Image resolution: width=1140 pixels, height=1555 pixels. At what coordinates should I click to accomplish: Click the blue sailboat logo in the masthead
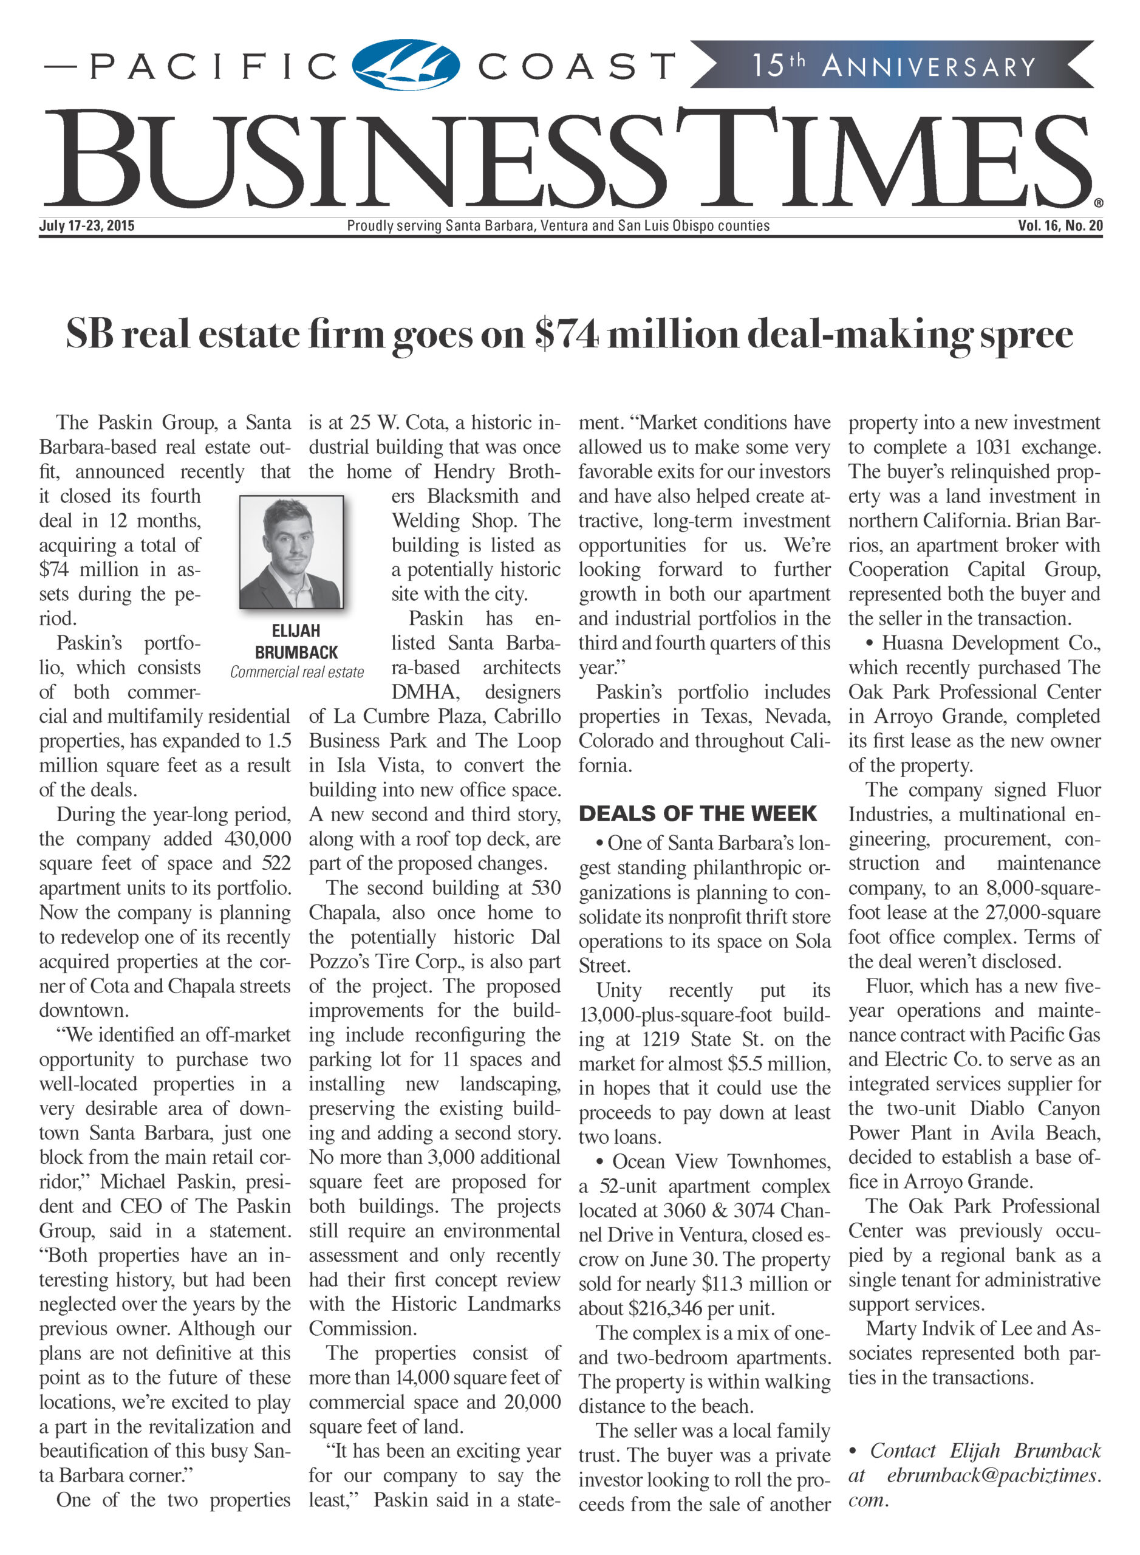point(406,65)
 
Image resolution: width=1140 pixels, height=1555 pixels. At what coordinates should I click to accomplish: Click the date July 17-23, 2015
point(87,226)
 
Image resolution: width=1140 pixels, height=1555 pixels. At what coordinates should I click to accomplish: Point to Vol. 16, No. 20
point(1060,226)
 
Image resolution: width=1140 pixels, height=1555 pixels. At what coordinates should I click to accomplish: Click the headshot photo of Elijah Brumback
point(291,552)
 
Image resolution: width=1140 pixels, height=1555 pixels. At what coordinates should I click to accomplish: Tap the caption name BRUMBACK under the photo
point(296,652)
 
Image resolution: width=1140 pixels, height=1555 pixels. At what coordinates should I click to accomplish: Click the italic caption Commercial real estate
point(297,672)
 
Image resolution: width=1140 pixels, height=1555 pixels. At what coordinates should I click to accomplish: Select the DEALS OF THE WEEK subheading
point(698,814)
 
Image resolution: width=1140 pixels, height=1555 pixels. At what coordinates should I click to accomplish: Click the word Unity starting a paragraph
point(619,991)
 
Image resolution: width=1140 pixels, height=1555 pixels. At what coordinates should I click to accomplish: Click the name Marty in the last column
point(891,1328)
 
